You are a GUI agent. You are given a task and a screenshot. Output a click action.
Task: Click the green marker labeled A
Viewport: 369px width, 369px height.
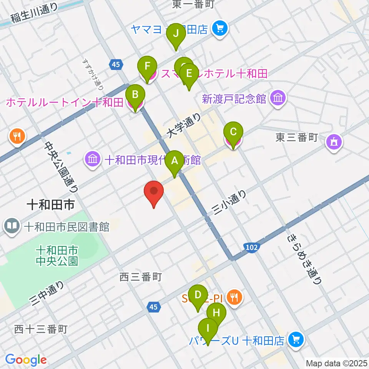click(x=175, y=162)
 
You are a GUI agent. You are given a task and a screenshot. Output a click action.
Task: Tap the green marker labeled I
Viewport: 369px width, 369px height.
click(x=208, y=329)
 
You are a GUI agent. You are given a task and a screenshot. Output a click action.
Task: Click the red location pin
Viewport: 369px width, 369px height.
click(x=154, y=192)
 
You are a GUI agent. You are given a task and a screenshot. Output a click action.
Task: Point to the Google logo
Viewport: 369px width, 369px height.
click(x=26, y=360)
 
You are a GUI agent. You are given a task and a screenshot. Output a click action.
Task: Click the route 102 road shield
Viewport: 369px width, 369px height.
click(x=251, y=248)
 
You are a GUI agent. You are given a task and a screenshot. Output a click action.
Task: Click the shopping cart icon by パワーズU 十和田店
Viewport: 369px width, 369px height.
click(x=296, y=339)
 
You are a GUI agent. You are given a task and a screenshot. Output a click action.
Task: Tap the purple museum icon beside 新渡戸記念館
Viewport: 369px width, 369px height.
click(x=277, y=98)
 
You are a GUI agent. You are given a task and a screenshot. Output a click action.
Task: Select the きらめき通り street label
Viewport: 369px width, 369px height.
click(x=304, y=259)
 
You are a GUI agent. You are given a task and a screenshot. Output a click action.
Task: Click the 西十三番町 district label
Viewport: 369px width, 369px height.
click(x=41, y=329)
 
